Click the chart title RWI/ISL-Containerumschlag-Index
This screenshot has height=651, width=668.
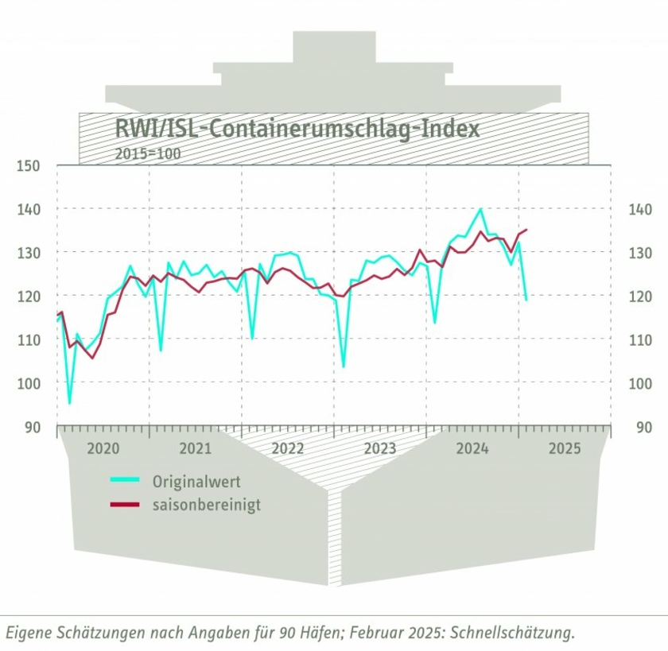[x=297, y=129]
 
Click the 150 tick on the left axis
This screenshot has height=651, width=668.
[x=26, y=165]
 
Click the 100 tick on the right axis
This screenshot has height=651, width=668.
[x=638, y=383]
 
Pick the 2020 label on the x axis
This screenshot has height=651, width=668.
[x=103, y=448]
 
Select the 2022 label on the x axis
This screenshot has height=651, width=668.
[x=288, y=448]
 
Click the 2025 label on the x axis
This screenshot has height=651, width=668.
[x=565, y=448]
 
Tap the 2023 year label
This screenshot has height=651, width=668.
[x=380, y=448]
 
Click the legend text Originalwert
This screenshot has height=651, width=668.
[x=196, y=482]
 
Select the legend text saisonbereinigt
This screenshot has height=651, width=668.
[x=206, y=505]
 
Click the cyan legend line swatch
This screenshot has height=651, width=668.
[x=124, y=481]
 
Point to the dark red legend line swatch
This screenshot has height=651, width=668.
[x=124, y=504]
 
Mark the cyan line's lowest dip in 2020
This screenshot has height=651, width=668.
[x=69, y=404]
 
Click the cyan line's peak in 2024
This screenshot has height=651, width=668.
[x=480, y=209]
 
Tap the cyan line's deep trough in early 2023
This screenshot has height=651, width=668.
[x=344, y=366]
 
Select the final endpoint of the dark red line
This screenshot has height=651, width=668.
[x=526, y=230]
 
